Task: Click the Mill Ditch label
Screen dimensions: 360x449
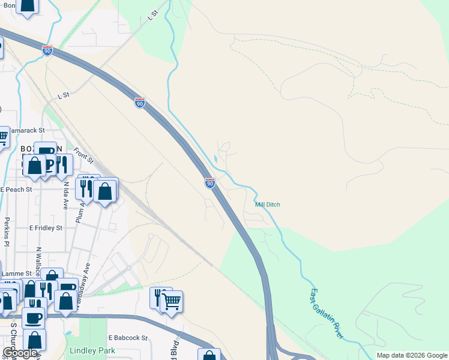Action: coord(268,205)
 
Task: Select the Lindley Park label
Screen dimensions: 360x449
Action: coord(92,350)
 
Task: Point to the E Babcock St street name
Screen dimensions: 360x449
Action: coord(128,338)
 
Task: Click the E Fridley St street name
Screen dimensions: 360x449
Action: coord(46,228)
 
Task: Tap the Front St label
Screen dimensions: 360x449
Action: coord(83,155)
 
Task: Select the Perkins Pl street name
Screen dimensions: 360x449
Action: coord(7,232)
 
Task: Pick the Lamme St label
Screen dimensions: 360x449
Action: coord(16,274)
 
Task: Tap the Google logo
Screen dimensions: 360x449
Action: coord(20,353)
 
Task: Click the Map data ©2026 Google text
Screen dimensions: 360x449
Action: coord(412,355)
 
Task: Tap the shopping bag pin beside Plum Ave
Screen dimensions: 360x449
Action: coord(105,191)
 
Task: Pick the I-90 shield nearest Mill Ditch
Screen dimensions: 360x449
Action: coord(209,182)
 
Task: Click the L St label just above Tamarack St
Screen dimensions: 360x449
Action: coord(64,95)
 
